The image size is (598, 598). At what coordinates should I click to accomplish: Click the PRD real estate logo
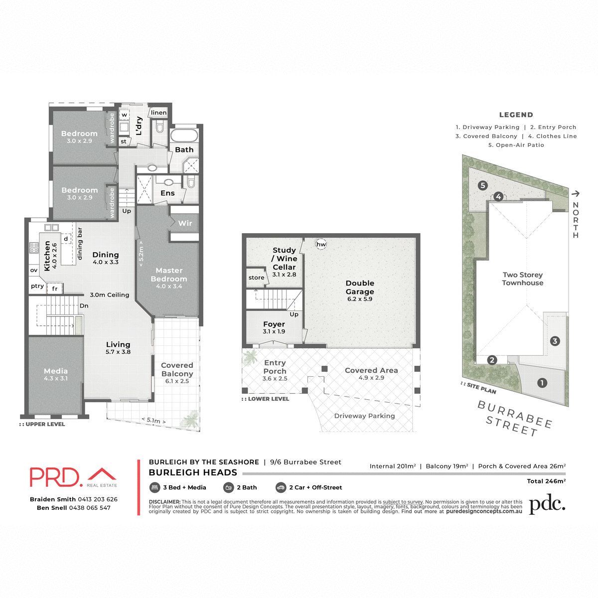point(73,477)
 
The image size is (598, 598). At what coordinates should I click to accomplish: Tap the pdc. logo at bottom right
point(547,504)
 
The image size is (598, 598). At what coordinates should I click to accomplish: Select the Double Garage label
point(360,288)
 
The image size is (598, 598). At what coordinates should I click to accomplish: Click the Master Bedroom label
point(169,275)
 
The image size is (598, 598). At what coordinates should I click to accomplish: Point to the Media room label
point(56,371)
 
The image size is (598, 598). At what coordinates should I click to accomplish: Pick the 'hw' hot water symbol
point(321,244)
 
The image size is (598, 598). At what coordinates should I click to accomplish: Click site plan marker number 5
point(482,185)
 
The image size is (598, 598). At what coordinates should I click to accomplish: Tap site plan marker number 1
point(542,383)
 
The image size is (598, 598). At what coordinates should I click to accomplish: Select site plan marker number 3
point(555,341)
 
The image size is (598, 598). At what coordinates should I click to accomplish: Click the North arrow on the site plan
point(576,194)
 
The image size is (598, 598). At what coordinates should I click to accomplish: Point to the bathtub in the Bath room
point(184,136)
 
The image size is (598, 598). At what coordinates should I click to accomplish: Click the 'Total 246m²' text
point(546,481)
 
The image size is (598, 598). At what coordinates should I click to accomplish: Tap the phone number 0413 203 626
point(98,499)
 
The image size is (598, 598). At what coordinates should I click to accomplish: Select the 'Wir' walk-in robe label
point(185,223)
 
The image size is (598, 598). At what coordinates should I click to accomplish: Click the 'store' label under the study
point(256,278)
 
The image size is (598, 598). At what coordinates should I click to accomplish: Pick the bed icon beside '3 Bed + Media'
point(154,487)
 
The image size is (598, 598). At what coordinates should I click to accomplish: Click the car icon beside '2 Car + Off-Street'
point(281,487)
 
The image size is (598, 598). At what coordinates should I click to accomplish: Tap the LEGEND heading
point(516,115)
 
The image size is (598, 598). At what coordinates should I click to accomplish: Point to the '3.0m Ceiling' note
point(110,295)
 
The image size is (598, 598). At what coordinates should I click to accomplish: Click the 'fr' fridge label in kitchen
point(55,289)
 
